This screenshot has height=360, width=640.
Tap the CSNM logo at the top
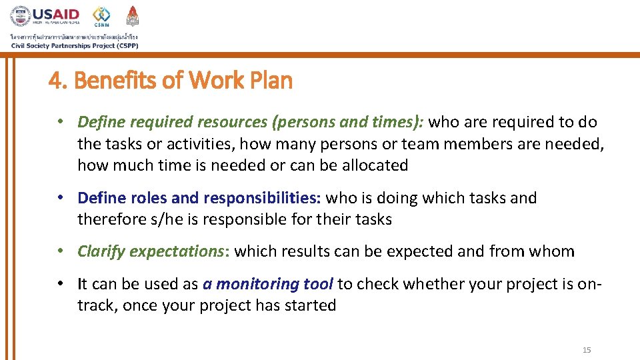tap(101, 16)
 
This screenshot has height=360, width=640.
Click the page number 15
tap(587, 350)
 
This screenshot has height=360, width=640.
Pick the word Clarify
tap(101, 251)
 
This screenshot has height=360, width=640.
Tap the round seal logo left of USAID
tap(20, 16)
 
